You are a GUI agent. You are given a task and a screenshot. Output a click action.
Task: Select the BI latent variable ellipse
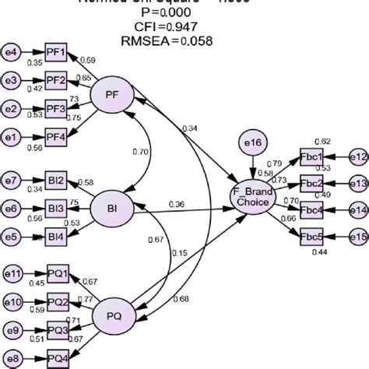tap(113, 208)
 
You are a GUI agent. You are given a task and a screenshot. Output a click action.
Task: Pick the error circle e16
tap(254, 145)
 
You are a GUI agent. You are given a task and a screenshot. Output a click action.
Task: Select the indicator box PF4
tap(56, 135)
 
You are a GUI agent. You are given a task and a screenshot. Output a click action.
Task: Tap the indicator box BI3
tap(56, 209)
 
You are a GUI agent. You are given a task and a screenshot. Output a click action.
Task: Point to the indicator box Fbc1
tap(312, 156)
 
